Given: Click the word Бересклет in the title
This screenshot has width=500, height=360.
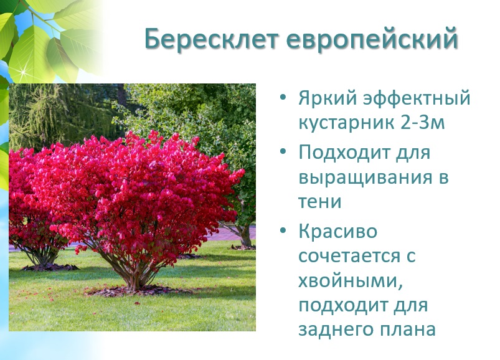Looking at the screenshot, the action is tap(211, 39).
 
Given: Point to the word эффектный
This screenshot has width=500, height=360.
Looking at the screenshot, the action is tap(417, 98).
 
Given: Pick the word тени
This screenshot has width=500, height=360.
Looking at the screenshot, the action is tap(320, 202).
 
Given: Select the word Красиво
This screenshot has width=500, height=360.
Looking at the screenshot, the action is tap(338, 231).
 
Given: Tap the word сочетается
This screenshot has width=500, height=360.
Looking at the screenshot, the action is tap(349, 256).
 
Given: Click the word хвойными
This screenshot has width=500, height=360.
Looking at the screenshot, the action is tap(350, 282).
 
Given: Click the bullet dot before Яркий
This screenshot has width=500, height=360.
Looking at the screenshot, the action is tap(283, 98).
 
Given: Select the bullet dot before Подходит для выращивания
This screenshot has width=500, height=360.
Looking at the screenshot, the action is tap(283, 151).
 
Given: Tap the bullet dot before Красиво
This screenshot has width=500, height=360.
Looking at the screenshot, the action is tap(283, 230).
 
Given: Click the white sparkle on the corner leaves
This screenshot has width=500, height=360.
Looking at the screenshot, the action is tap(23, 72).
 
